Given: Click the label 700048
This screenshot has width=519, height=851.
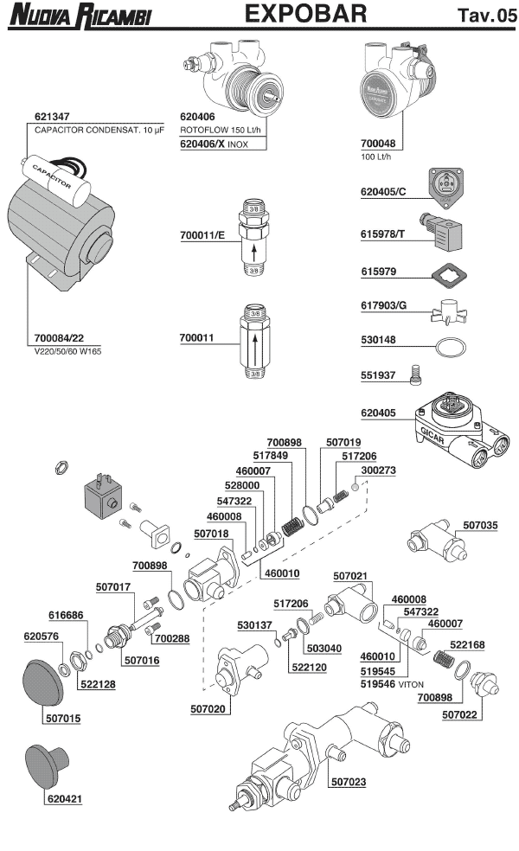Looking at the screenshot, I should coord(377,146).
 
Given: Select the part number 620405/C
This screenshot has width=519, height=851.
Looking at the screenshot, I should coord(383,191).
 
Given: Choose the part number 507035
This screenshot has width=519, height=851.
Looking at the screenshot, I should coord(481,524).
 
